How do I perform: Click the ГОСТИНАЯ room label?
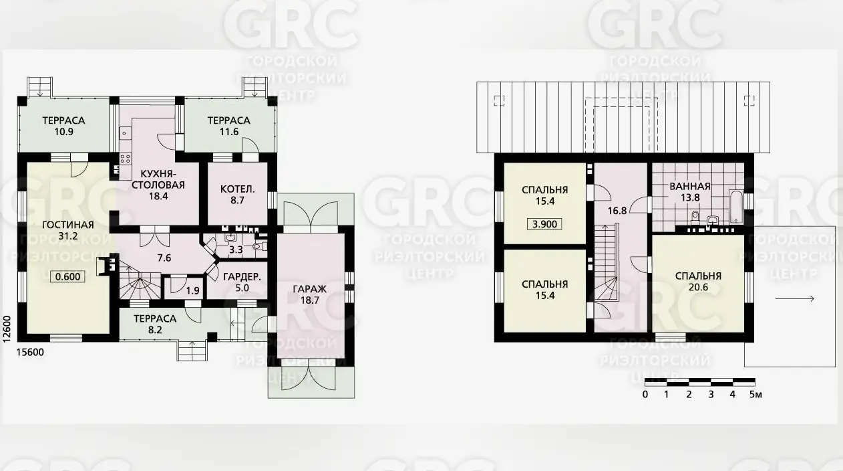pyautogui.click(x=67, y=225)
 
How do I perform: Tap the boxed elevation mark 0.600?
pyautogui.click(x=67, y=276)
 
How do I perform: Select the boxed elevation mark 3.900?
pyautogui.click(x=544, y=224)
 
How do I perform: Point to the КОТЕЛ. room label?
pyautogui.click(x=238, y=189)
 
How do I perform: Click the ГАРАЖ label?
pyautogui.click(x=310, y=290)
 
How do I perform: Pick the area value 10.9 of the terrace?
pyautogui.click(x=63, y=132)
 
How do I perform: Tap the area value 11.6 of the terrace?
pyautogui.click(x=229, y=132)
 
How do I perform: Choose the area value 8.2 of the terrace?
pyautogui.click(x=155, y=330)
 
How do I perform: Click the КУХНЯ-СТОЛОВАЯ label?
pyautogui.click(x=158, y=180)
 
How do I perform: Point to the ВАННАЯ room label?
pyautogui.click(x=690, y=187)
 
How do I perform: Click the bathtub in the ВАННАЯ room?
pyautogui.click(x=736, y=207)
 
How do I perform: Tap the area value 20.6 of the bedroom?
pyautogui.click(x=698, y=288)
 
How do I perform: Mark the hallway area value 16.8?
pyautogui.click(x=617, y=211)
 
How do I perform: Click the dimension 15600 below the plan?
pyautogui.click(x=30, y=353)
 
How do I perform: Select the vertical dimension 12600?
pyautogui.click(x=7, y=329)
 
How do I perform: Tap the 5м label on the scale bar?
pyautogui.click(x=755, y=395)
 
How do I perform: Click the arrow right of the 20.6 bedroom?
pyautogui.click(x=795, y=299)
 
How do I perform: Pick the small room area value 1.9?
pyautogui.click(x=192, y=290)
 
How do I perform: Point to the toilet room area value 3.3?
pyautogui.click(x=236, y=250)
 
